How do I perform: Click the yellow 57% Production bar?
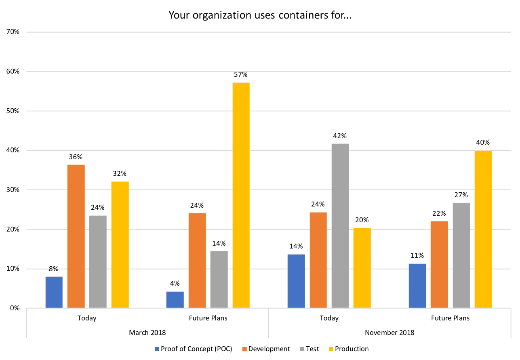[x=241, y=195]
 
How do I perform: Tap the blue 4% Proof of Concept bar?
[x=175, y=300]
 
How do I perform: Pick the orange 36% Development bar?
[x=76, y=236]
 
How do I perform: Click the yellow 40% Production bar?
[x=483, y=229]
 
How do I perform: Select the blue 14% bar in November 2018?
[x=296, y=281]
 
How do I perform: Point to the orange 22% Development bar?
[x=439, y=265]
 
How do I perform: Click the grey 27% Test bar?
[x=461, y=255]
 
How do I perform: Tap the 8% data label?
[x=54, y=269]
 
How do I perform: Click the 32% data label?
[x=120, y=174]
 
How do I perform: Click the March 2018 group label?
[x=147, y=333]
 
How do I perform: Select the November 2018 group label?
[x=389, y=333]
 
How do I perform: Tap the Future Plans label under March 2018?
[x=208, y=318]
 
